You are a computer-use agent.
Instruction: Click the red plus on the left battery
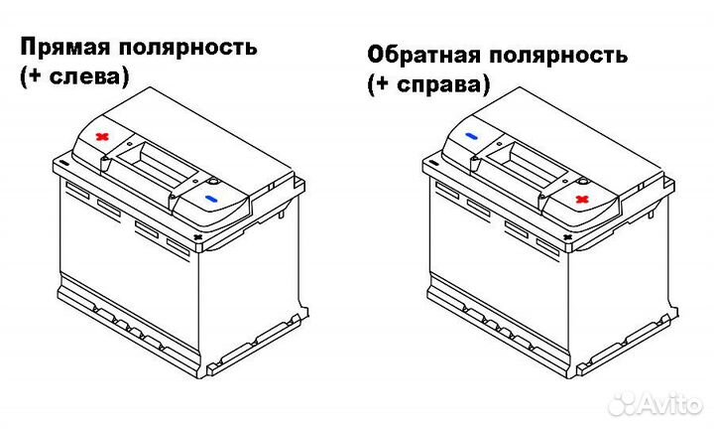point(100,136)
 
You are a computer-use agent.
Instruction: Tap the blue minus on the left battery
point(210,200)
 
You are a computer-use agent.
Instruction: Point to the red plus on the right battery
point(582,200)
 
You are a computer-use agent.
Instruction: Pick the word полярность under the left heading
point(194,46)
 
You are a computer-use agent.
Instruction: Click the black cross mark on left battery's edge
point(197,239)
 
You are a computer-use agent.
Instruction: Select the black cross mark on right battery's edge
point(568,239)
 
